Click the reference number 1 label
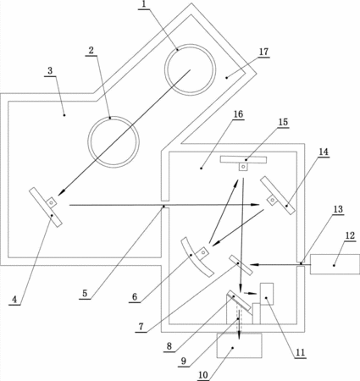[x=144, y=4]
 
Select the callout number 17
[x=263, y=52]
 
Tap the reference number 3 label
[x=50, y=70]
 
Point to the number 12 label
[x=350, y=235]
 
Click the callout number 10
[x=203, y=375]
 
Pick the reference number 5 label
[x=85, y=293]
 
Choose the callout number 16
[x=238, y=114]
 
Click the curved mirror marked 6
[x=196, y=257]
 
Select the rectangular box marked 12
[x=335, y=264]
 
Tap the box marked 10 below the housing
[x=240, y=345]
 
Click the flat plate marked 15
[x=243, y=160]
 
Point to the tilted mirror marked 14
[x=278, y=195]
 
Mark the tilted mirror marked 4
[x=46, y=207]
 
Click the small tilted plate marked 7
[x=241, y=265]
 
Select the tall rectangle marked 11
[x=267, y=294]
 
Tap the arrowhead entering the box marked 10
[x=240, y=336]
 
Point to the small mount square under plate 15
[x=243, y=167]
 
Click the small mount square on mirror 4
[x=52, y=202]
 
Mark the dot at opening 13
[x=301, y=263]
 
